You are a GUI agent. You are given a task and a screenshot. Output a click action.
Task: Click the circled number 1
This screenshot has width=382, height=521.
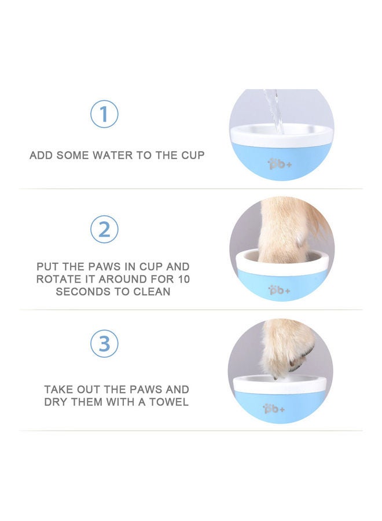click(x=104, y=114)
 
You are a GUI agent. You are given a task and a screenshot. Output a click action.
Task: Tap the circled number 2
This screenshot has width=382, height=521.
click(x=104, y=229)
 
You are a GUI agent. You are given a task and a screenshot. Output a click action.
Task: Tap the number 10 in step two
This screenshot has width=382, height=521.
click(x=183, y=279)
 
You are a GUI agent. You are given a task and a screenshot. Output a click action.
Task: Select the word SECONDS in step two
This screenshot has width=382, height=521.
click(x=82, y=292)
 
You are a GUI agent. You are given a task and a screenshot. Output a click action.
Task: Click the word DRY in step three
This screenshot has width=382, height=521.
click(x=58, y=402)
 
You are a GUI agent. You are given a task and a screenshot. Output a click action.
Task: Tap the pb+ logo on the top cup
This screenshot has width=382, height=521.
click(x=276, y=164)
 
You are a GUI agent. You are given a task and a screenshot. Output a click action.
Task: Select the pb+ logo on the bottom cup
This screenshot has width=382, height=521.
click(x=273, y=409)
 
